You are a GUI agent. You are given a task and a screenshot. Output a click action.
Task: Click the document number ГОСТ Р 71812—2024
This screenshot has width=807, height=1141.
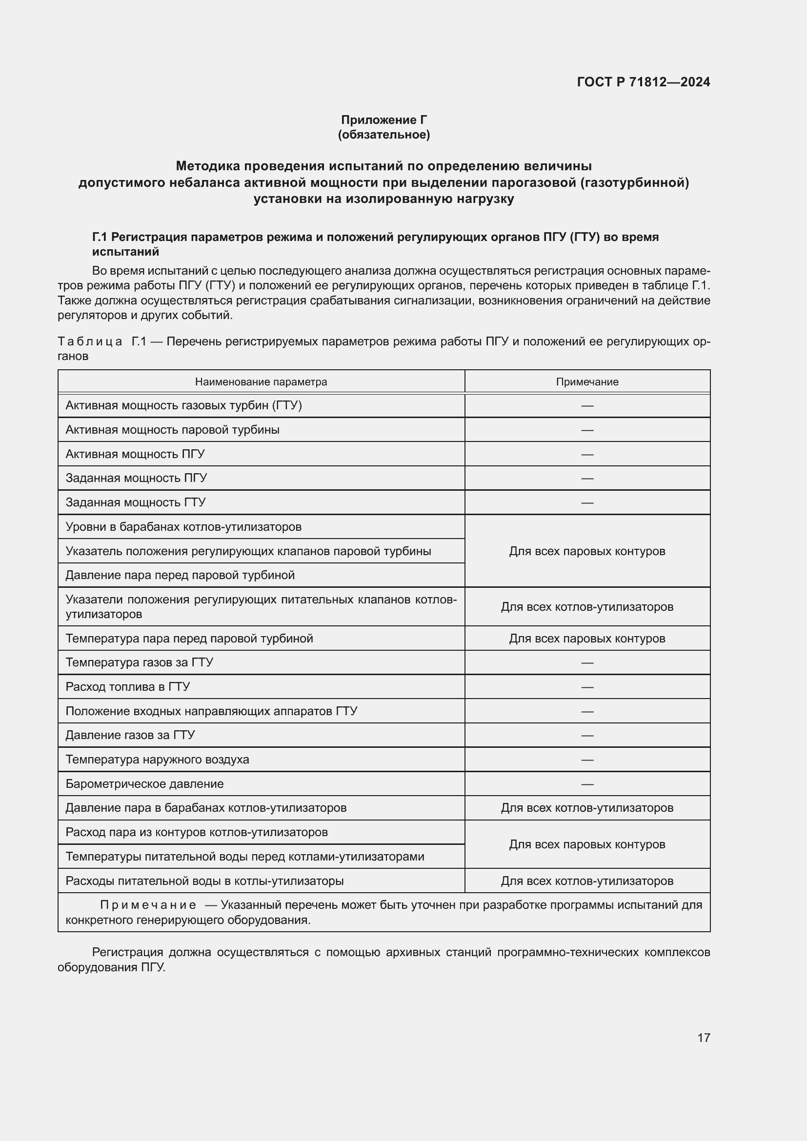[643, 82]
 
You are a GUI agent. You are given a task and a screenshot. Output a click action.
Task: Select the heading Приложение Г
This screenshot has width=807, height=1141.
[383, 120]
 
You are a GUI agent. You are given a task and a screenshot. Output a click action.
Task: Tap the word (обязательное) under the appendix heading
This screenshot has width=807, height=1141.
[383, 135]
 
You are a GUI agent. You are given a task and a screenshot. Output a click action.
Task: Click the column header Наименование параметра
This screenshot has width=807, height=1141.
[261, 381]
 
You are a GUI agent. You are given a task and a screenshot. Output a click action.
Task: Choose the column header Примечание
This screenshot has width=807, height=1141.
[587, 381]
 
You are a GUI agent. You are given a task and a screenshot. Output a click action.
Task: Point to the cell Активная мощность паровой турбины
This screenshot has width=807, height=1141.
[172, 430]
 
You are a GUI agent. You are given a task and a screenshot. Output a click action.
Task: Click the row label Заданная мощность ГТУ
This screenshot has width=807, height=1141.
[136, 502]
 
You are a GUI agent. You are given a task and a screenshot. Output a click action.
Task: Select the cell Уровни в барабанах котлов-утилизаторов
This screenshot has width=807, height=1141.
[183, 527]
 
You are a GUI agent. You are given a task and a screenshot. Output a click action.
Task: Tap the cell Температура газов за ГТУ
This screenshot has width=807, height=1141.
[139, 662]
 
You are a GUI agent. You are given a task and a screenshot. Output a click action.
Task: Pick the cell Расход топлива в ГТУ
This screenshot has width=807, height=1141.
[128, 687]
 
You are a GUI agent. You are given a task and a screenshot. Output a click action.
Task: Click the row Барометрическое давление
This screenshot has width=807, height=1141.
[144, 784]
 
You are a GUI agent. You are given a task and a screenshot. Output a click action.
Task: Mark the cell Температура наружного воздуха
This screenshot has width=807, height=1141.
[157, 760]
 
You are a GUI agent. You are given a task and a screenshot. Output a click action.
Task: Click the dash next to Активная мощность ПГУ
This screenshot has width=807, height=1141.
[587, 454]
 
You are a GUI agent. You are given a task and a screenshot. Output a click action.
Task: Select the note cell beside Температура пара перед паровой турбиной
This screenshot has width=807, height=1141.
[587, 639]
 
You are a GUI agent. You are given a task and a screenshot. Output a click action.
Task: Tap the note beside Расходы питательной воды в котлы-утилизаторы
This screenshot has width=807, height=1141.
[587, 881]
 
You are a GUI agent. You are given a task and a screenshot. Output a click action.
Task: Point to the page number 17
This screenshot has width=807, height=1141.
[703, 1038]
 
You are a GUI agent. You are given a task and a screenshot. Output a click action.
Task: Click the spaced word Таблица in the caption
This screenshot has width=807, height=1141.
[90, 341]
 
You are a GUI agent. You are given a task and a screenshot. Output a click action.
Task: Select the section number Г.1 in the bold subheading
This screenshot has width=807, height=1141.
[100, 237]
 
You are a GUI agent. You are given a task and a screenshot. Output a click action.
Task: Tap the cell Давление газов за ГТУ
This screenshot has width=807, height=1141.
[130, 735]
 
